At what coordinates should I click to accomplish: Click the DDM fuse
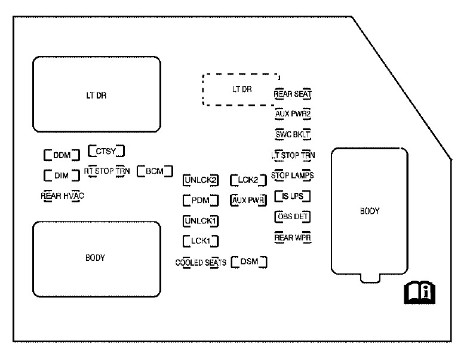pos(62,155)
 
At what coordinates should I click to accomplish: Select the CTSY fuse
pos(106,150)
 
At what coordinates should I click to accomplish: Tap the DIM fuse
pos(62,176)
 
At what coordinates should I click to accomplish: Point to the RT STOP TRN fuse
pos(106,171)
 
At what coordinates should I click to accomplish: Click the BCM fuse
pos(154,171)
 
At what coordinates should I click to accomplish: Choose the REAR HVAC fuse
pos(62,195)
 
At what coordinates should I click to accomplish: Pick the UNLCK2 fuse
pos(200,179)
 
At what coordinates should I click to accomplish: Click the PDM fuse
pos(200,200)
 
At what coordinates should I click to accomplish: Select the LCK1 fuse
pos(200,241)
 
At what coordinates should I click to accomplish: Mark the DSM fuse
pos(248,261)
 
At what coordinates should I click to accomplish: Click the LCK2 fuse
pos(247,179)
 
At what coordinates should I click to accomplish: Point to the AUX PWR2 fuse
pos(293,113)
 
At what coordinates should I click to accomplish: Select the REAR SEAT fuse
pos(293,94)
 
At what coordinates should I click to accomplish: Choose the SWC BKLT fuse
pos(293,134)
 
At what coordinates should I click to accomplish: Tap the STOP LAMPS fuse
pos(293,176)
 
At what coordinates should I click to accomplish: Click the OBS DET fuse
pos(293,216)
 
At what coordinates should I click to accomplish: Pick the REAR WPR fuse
pos(293,238)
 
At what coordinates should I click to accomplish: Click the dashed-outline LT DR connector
pos(241,90)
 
